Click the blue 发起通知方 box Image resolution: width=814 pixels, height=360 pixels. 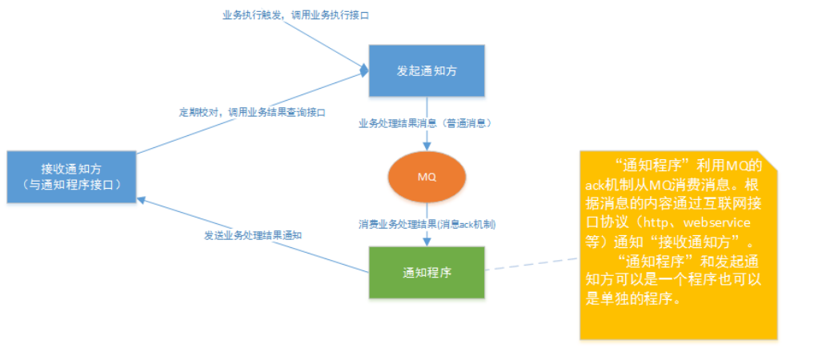point(427,70)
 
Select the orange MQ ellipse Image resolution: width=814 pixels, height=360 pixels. point(427,176)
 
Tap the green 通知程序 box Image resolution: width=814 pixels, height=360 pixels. point(427,273)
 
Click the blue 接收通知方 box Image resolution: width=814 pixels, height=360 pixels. point(71,177)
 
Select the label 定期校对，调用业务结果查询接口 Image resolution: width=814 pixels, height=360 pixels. point(252,112)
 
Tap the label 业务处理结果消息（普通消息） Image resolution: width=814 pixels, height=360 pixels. point(425,124)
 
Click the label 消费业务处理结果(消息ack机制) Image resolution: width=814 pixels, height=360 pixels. point(427,225)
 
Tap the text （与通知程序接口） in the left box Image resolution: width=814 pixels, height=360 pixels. point(71,185)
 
